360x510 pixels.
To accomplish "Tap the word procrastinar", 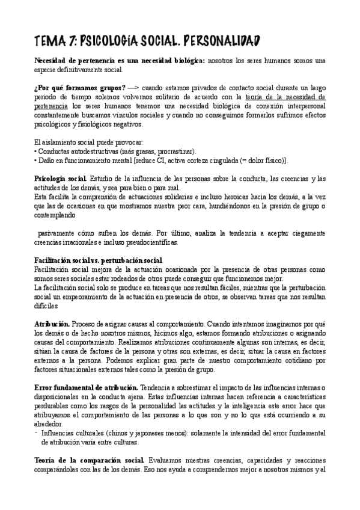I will tap(178, 151).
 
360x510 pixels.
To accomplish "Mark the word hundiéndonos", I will tap(236, 206).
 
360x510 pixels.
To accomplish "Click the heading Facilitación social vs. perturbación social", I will tap(99, 260).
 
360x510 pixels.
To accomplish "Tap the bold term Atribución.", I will tap(52, 324).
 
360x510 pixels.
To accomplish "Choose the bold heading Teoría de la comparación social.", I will tap(90, 459).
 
